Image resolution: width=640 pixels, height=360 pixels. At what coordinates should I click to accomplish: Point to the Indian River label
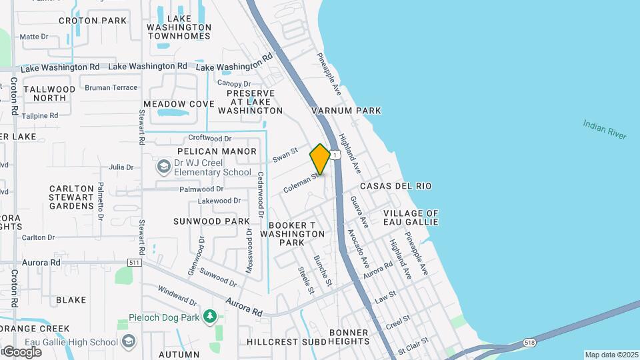605,129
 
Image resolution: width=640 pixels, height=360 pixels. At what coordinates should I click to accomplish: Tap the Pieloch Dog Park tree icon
210,315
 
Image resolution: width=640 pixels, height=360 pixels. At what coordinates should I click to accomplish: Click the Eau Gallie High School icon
129,342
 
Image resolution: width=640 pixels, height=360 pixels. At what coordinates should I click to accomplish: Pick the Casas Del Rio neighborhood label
395,186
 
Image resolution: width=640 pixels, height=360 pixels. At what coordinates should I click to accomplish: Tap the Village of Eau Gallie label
411,217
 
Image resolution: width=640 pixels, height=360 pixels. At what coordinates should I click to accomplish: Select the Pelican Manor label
207,151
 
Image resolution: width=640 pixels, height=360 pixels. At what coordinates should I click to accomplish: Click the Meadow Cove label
179,104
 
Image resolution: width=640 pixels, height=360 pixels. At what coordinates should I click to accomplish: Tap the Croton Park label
93,21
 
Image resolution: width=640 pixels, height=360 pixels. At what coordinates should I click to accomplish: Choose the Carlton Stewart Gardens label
71,197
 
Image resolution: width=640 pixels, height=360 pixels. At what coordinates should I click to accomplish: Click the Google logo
22,351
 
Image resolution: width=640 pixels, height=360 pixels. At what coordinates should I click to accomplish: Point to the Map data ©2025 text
611,355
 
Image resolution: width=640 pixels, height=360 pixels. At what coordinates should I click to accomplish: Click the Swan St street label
284,155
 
